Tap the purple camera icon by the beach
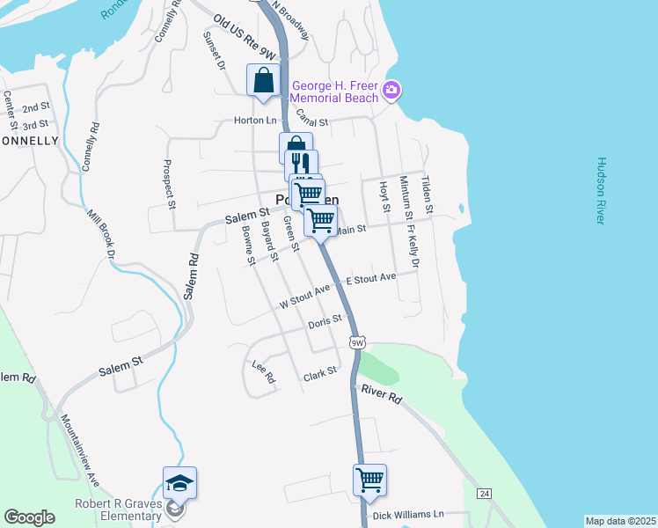[x=391, y=90]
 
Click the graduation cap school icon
[x=179, y=482]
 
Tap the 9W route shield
[x=355, y=341]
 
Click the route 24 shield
[x=485, y=495]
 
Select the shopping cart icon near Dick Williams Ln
[x=370, y=480]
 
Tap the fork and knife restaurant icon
[x=301, y=165]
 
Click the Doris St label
[x=324, y=324]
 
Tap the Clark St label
[x=320, y=373]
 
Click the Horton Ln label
[x=255, y=121]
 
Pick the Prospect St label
[x=169, y=183]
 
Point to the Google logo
[x=29, y=517]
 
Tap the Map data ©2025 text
[x=621, y=521]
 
